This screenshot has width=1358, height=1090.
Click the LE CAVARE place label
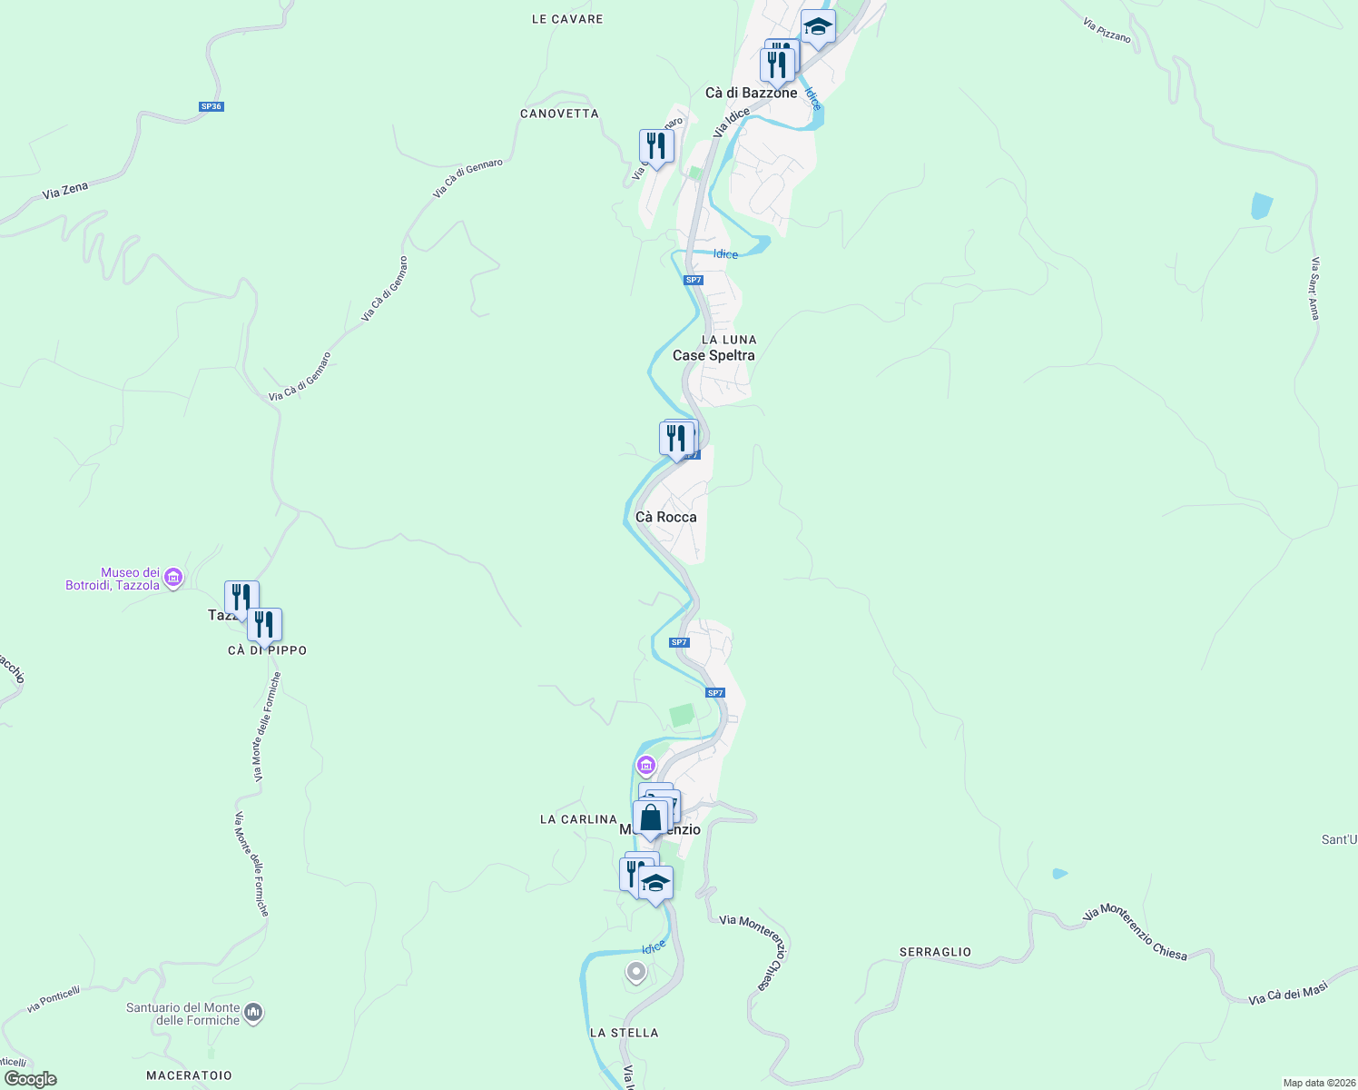(x=566, y=19)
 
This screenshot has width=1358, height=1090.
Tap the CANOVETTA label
(x=559, y=114)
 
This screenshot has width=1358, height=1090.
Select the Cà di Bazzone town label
(x=751, y=93)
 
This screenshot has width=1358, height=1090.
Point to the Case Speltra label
(x=713, y=355)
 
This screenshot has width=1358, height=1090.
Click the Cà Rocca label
(x=666, y=517)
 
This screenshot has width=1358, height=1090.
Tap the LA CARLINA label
(x=578, y=819)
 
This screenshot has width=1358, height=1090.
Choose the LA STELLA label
(x=624, y=1033)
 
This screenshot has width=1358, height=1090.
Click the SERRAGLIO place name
(x=935, y=952)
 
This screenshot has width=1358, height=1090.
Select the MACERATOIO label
(x=189, y=1075)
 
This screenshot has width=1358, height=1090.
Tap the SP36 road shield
(x=212, y=106)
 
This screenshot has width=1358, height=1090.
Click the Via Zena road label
(x=65, y=191)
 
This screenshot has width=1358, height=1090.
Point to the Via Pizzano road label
(x=1107, y=30)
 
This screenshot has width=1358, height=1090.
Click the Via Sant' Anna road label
(x=1314, y=289)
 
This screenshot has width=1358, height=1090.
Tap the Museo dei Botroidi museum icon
(x=174, y=578)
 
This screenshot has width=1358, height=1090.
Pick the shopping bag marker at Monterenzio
(x=650, y=818)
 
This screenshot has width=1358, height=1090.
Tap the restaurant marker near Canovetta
(x=655, y=146)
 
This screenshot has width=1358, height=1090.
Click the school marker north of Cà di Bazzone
(x=818, y=27)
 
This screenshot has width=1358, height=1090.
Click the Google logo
(x=30, y=1079)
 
